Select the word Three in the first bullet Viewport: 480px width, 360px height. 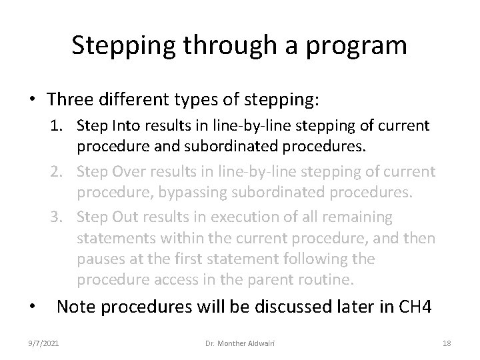70,100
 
